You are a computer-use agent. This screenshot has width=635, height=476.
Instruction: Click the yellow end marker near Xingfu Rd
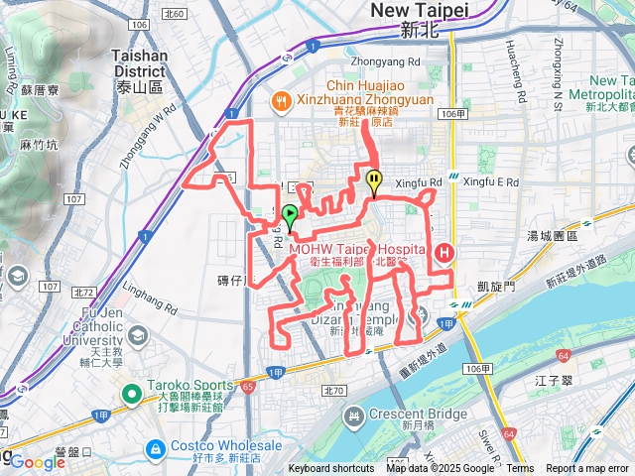374,180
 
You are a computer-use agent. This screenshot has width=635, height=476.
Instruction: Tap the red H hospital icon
444,253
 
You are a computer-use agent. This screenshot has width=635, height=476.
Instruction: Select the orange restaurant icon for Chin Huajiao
283,101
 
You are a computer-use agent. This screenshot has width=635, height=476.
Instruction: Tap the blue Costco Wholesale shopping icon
155,449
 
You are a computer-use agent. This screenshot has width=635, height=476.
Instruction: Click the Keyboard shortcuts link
332,469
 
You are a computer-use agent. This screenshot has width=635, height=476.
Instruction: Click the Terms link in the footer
520,469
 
